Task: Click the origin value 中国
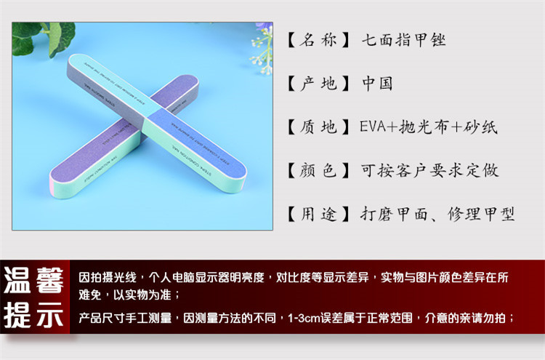(x=377, y=84)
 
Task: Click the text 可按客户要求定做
(x=429, y=171)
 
